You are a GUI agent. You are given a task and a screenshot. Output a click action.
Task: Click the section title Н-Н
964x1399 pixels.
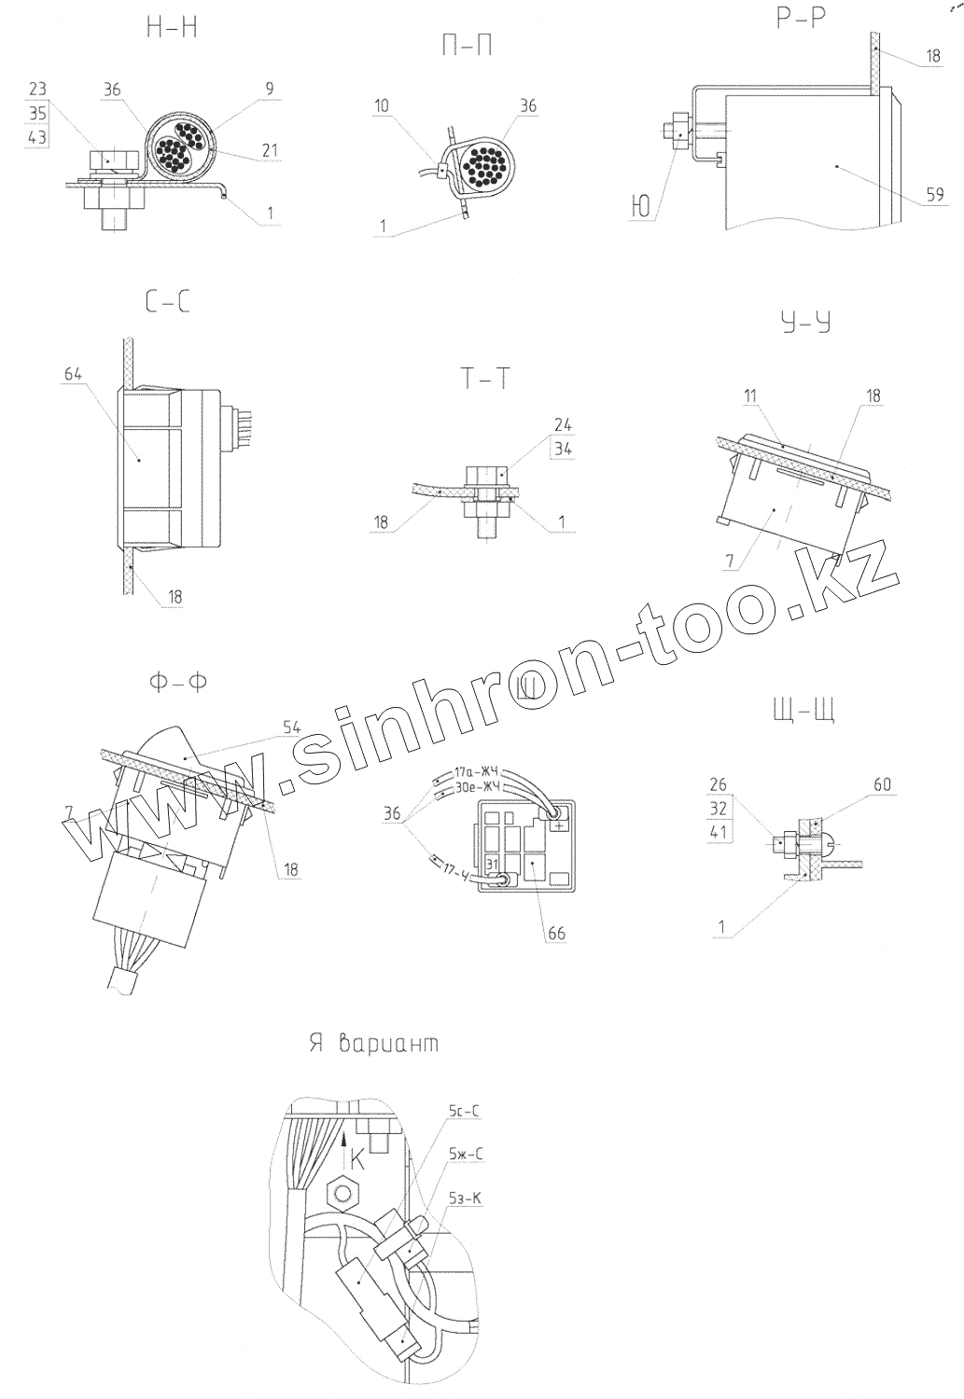coord(173,29)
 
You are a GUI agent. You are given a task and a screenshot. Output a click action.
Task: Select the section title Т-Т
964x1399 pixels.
coord(484,379)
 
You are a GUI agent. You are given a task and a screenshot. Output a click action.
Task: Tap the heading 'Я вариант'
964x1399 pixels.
coord(373,1044)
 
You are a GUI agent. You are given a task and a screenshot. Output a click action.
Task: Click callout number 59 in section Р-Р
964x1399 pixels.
coord(935,194)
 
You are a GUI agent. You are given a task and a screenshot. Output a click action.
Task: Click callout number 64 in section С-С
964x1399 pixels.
coord(74,374)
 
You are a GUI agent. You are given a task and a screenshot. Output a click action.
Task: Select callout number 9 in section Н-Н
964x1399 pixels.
coord(269,90)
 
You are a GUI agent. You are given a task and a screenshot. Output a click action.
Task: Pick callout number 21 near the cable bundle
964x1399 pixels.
coord(270,150)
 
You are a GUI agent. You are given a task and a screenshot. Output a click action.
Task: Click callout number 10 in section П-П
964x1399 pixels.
coord(383,106)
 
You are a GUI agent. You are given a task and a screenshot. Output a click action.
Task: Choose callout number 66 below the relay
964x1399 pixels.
coord(556,934)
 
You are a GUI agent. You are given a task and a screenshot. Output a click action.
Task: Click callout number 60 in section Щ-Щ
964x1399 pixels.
coord(882,785)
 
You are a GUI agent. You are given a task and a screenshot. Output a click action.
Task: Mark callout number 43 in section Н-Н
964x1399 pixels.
coord(38,137)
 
